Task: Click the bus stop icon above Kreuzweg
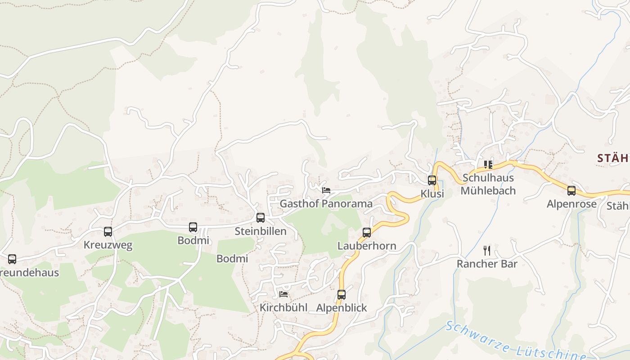tap(108, 232)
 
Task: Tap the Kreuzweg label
tap(108, 245)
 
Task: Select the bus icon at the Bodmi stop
tap(193, 227)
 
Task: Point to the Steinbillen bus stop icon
tap(261, 218)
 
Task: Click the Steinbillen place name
tap(261, 231)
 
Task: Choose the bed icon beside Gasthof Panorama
tap(326, 190)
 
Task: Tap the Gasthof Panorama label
tap(326, 203)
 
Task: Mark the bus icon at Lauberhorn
tap(367, 233)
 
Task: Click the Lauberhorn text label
tap(367, 246)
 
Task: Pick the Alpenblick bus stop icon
tap(342, 295)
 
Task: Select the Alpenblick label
tap(342, 308)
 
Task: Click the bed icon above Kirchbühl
tap(283, 294)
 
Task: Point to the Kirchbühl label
tap(283, 308)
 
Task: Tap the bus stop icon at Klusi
tap(432, 180)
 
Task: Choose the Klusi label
tap(432, 194)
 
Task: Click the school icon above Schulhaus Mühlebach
tap(488, 165)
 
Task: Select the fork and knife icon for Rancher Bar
tap(487, 250)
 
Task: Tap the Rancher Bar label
tap(487, 264)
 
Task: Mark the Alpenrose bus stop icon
tap(571, 191)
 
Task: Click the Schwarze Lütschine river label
tap(513, 344)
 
